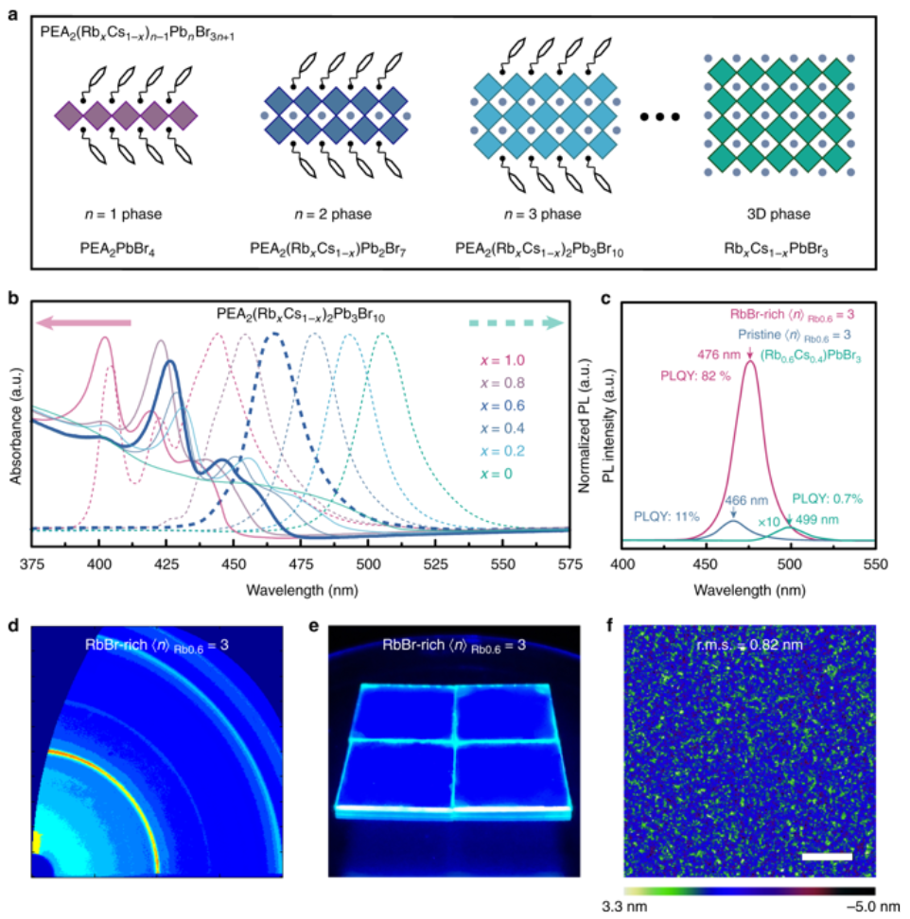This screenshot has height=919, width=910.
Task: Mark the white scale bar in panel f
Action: click(x=827, y=857)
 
